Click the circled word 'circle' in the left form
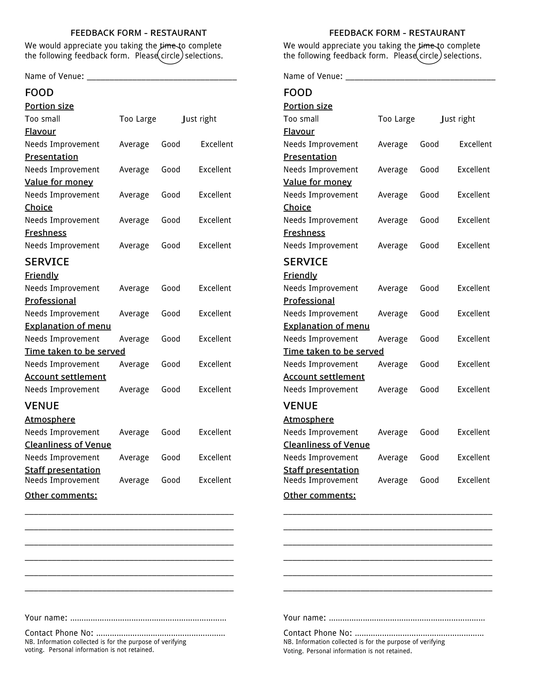pos(170,55)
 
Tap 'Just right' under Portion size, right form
pos(458,119)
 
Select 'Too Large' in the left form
pos(137,119)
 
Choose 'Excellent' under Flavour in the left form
pos(217,144)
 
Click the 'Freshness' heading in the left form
pos(46,233)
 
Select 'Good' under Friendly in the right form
pos(429,288)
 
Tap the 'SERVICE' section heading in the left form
pos(47,262)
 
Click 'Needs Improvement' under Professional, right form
pos(320,313)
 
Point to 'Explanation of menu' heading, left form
pos(68,326)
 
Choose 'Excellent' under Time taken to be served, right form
pos(474,364)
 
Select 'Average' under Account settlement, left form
pos(134,390)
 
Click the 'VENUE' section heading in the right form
pos(300,406)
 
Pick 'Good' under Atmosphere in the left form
pos(171,432)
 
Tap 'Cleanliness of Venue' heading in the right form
pos(326,445)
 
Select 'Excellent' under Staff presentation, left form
pos(215,480)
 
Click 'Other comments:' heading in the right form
pos(319,495)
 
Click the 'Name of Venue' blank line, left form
pos(162,77)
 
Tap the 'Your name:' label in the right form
pos(305,617)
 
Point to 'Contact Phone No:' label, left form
pos(59,633)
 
